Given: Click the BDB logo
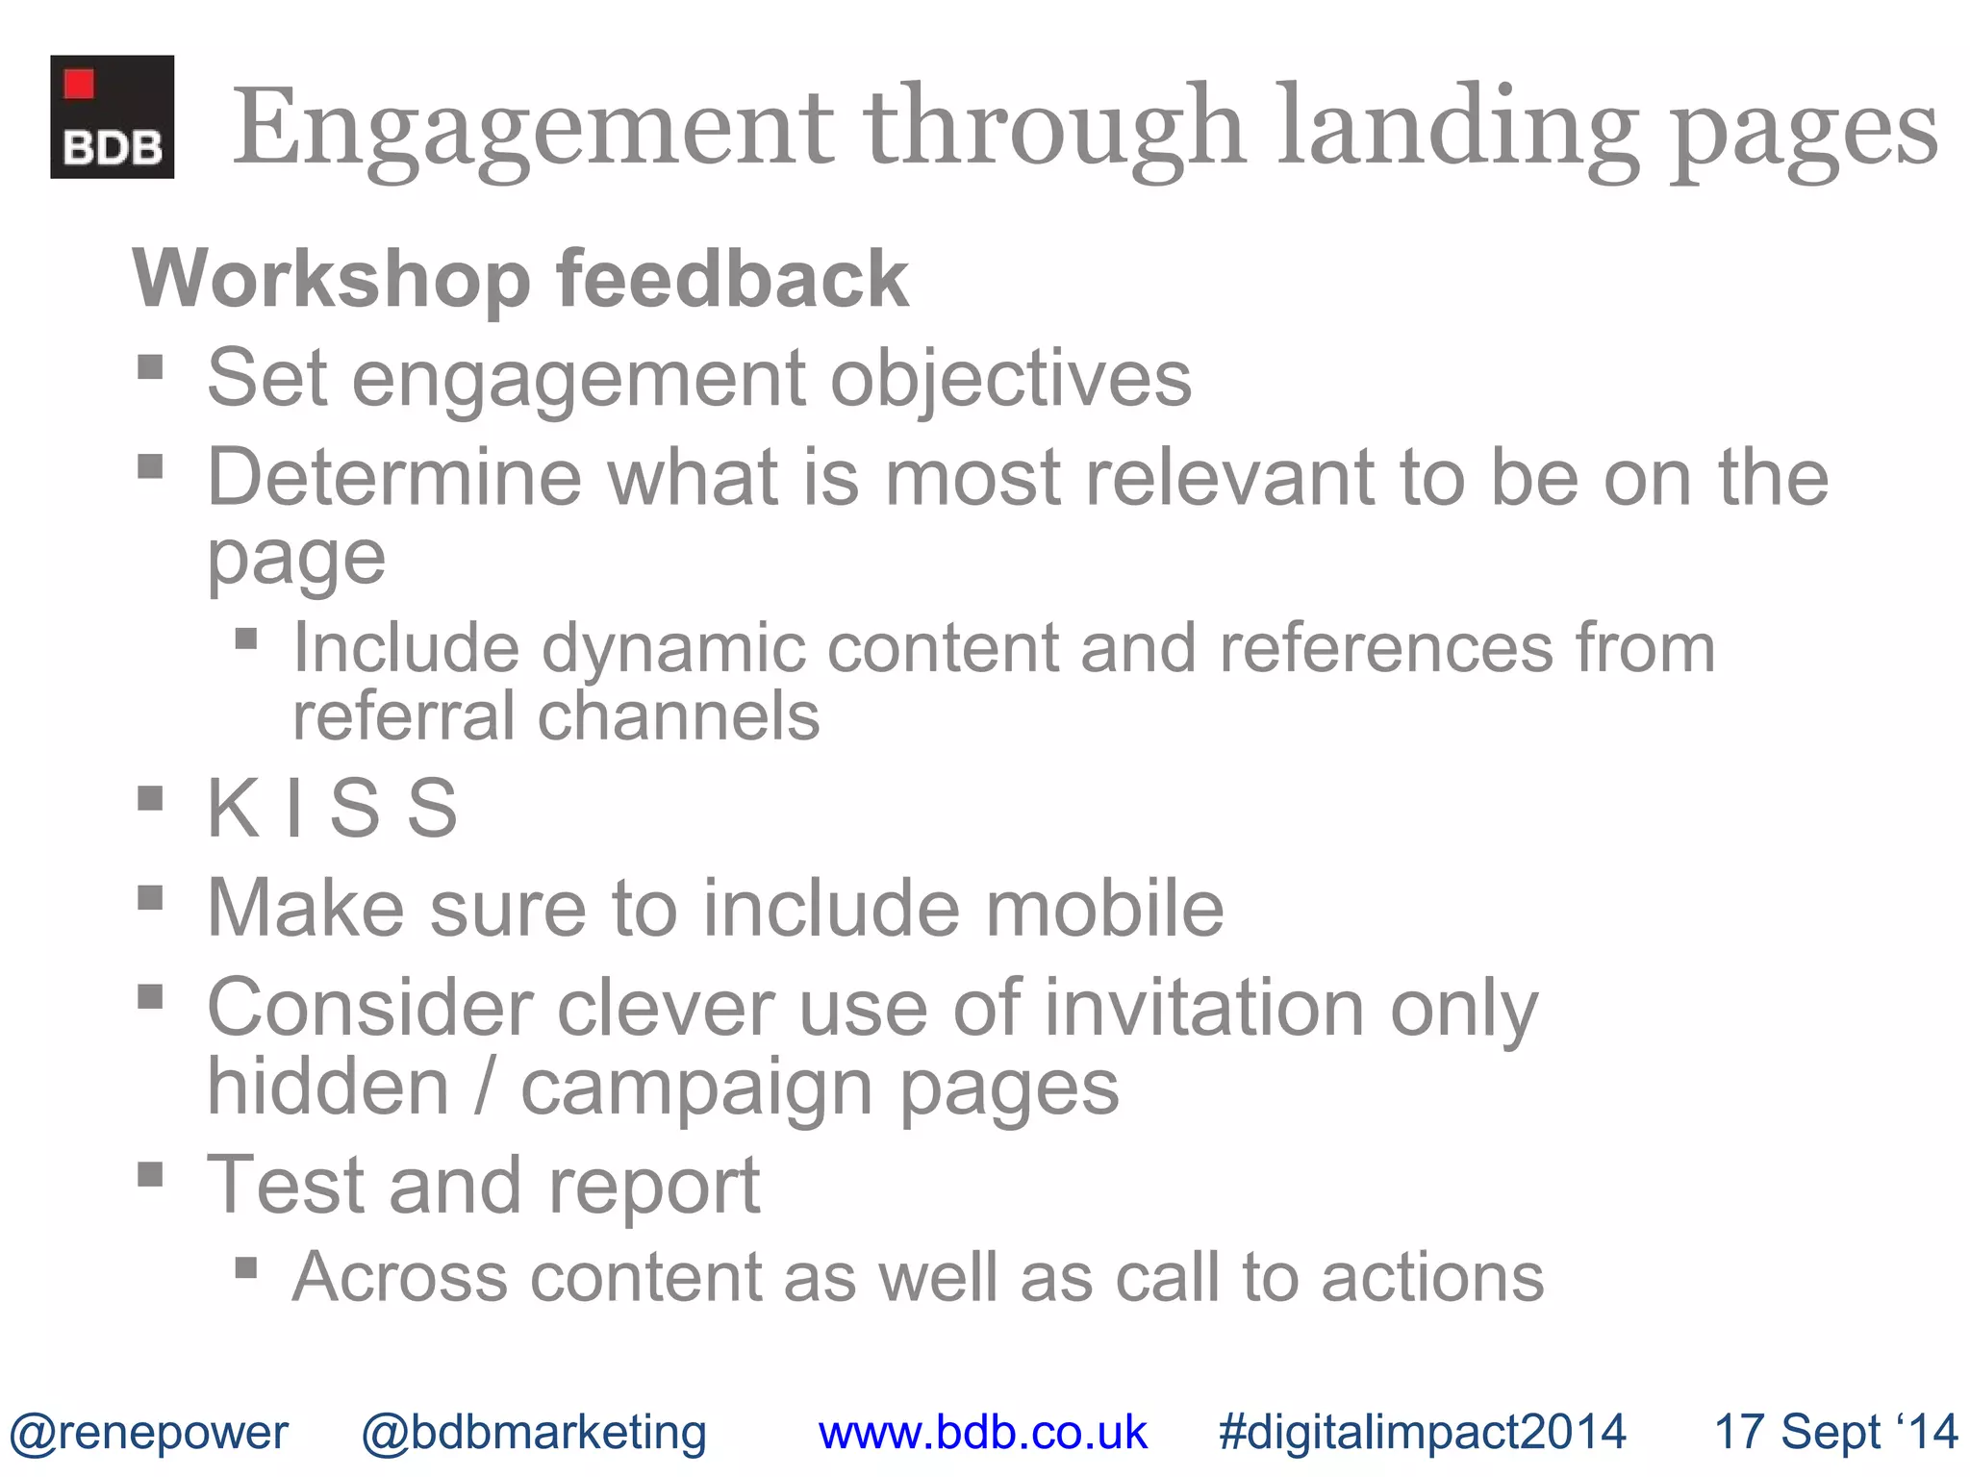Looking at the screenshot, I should pos(113,117).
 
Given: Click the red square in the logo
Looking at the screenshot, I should pos(79,85).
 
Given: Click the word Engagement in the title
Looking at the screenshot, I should pos(533,130).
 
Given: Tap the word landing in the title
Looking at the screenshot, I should pos(1458,130).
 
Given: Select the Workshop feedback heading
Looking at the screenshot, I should pos(520,279).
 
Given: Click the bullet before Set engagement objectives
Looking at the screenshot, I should pos(150,367).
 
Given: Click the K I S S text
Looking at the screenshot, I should pos(332,808).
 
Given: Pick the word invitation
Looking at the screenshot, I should pos(1204,1008).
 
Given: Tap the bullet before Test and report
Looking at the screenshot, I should pos(150,1174).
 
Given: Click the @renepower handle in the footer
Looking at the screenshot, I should pos(148,1432).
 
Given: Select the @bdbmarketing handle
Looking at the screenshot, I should pos(534,1432).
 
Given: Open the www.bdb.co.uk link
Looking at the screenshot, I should pos(982,1432).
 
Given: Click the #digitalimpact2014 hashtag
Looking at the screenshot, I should pos(1422,1432).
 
